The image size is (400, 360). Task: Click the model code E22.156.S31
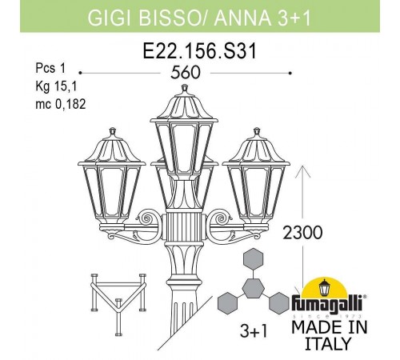pos(200,51)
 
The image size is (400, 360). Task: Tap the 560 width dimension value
pos(186,73)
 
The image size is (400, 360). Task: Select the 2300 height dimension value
pos(302,233)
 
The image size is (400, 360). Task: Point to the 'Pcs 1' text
pos(50,68)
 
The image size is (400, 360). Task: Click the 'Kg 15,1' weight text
pos(56,86)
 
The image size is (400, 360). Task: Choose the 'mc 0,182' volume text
pos(61,104)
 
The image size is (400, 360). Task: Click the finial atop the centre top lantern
pos(185,89)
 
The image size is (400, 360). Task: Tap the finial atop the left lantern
pos(113,132)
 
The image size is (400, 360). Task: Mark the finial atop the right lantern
pos(257,132)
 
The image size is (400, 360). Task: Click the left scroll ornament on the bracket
pos(146,218)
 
